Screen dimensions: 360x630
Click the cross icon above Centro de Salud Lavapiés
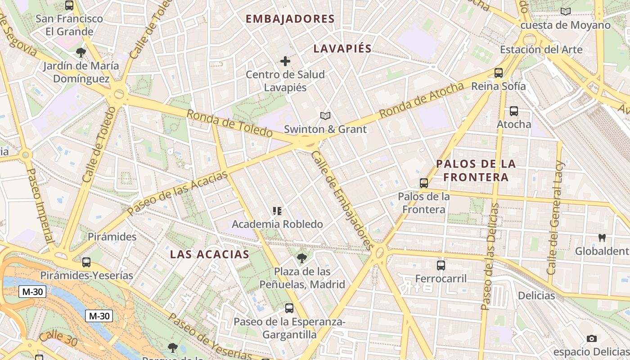(285, 61)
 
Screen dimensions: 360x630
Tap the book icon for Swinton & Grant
(325, 116)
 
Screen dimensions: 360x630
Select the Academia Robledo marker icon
(277, 211)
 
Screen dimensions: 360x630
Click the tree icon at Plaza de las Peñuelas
(302, 258)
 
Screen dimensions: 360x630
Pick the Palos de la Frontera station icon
(423, 183)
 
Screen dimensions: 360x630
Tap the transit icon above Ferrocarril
(441, 265)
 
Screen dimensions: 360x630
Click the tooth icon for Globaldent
(602, 238)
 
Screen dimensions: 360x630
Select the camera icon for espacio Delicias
(592, 338)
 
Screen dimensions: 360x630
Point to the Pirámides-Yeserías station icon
(86, 262)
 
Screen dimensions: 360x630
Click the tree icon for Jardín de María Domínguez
(81, 53)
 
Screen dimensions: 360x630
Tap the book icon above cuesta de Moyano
(566, 12)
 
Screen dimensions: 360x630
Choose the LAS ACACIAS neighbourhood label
(209, 254)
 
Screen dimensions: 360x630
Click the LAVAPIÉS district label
(342, 49)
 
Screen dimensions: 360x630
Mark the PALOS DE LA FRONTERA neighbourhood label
(476, 171)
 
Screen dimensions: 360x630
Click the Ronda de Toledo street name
(229, 123)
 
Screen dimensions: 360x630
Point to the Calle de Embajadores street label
(342, 200)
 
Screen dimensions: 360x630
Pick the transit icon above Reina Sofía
(498, 72)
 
